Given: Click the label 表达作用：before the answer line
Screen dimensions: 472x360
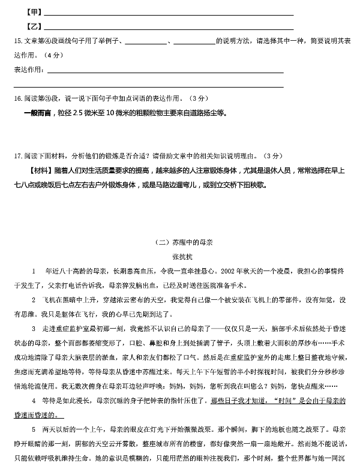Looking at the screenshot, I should pyautogui.click(x=29, y=70).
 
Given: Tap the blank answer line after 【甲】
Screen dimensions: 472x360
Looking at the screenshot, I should pyautogui.click(x=168, y=13).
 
